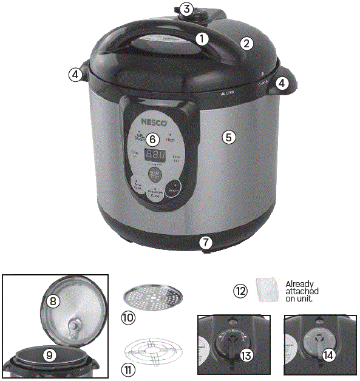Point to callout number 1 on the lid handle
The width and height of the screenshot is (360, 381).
(x=202, y=38)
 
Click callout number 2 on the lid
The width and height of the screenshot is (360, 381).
(x=245, y=43)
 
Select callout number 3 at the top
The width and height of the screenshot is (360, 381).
(x=186, y=9)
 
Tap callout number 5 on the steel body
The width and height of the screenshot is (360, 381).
(x=228, y=137)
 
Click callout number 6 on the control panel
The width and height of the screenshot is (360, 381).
(x=152, y=138)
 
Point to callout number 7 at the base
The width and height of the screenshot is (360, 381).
(x=206, y=243)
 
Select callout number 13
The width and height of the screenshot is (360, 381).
(x=245, y=356)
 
